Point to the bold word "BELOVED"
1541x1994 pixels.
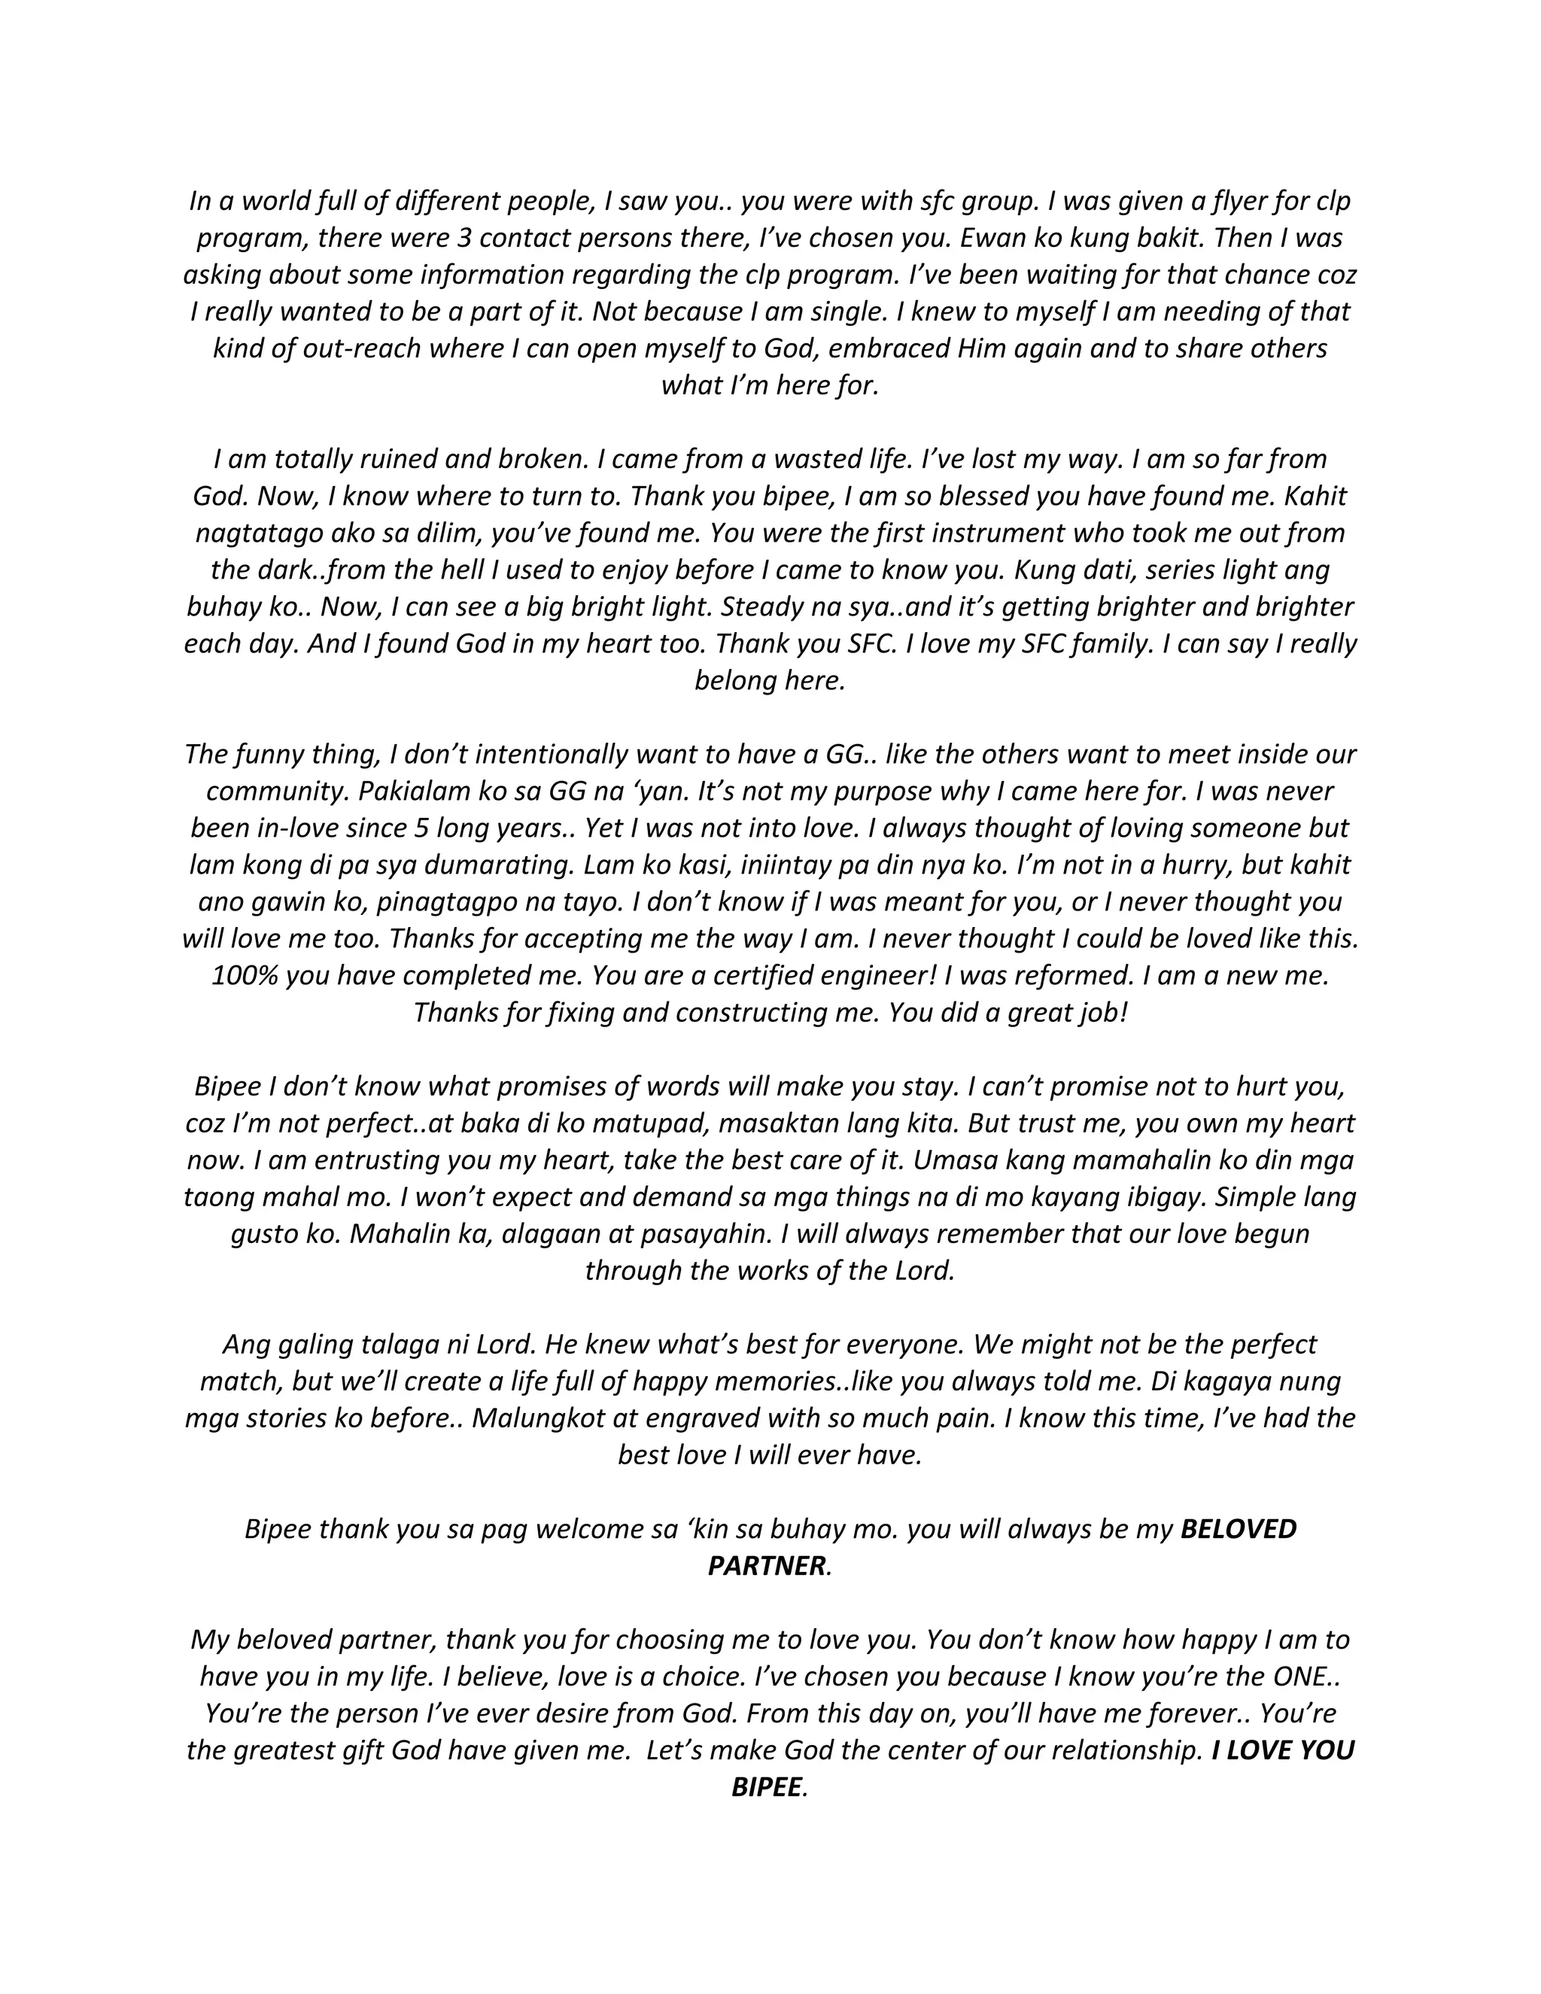coord(1238,1529)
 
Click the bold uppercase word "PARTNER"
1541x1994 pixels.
coord(766,1566)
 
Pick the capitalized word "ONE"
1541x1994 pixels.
coord(1299,1676)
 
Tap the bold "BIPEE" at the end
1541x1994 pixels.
coord(766,1787)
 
